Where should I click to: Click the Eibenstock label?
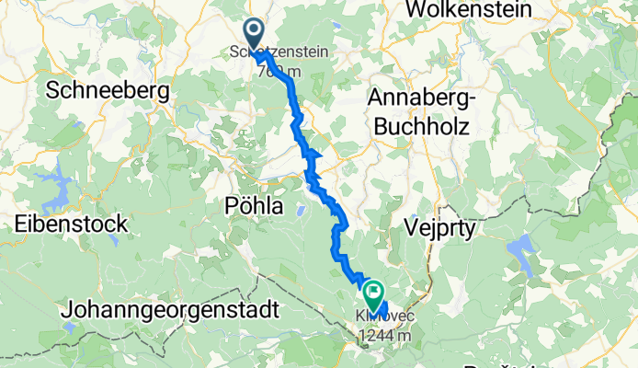click(x=71, y=224)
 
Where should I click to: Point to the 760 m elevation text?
click(x=274, y=72)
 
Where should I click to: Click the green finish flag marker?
click(x=374, y=294)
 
